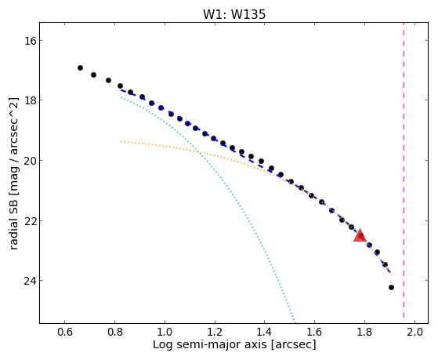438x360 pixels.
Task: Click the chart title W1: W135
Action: point(234,14)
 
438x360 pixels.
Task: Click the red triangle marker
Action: point(360,235)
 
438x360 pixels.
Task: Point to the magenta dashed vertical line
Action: point(404,170)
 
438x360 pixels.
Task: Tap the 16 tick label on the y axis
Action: point(29,41)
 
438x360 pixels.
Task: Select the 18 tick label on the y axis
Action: point(29,100)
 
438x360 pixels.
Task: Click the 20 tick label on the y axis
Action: point(29,161)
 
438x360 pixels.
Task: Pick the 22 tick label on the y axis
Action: point(29,220)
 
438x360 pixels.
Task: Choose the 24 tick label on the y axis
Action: point(29,281)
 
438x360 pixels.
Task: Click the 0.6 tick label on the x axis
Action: point(65,332)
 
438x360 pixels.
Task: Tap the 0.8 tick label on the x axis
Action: point(115,332)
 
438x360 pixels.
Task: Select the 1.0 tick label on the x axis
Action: point(165,332)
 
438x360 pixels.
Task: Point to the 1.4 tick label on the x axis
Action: point(265,332)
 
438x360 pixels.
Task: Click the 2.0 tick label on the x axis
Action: point(414,332)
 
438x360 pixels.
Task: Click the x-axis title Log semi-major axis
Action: point(209,344)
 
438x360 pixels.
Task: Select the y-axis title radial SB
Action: point(13,222)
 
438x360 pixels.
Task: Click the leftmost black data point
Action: point(80,67)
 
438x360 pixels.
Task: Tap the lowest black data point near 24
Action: point(391,287)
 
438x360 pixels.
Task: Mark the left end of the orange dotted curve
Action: point(121,141)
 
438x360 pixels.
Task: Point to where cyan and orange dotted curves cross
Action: point(198,152)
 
